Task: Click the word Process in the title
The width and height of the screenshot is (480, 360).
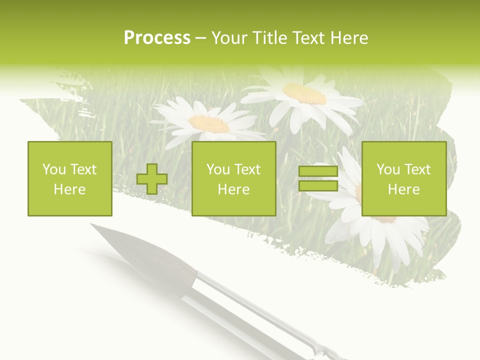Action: tap(157, 38)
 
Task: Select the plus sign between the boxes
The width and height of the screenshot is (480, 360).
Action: tap(152, 179)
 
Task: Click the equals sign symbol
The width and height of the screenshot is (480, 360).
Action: tap(318, 178)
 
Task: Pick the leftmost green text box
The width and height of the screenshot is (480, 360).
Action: tap(70, 178)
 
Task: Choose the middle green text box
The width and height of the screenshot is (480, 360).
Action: tap(233, 178)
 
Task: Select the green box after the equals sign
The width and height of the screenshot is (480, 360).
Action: tap(404, 178)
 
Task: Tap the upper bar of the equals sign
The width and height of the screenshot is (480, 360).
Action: tap(318, 171)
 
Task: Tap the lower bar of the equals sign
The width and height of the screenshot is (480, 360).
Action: tap(318, 186)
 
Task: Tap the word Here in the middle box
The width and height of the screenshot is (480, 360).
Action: tap(233, 189)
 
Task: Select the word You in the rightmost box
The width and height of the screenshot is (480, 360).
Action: tap(388, 169)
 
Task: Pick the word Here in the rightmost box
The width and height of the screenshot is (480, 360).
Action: tap(404, 189)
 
